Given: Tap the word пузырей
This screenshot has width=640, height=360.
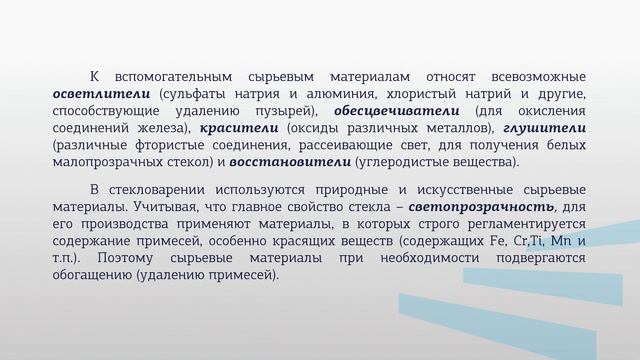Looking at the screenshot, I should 285,110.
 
